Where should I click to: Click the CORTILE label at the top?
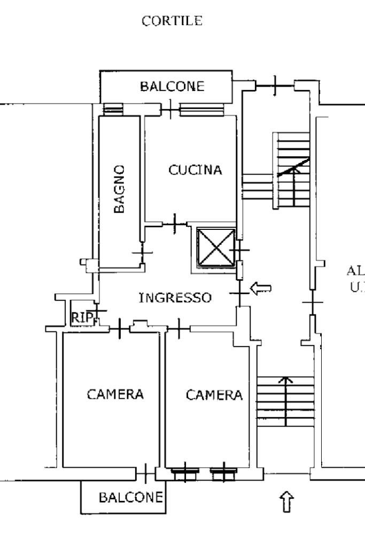pyautogui.click(x=172, y=21)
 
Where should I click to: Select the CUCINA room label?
pyautogui.click(x=195, y=171)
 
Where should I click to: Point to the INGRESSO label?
pyautogui.click(x=175, y=298)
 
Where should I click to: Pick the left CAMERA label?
pyautogui.click(x=115, y=395)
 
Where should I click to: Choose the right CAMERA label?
pyautogui.click(x=214, y=395)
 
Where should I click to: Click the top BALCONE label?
pyautogui.click(x=172, y=87)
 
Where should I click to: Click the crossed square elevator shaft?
pyautogui.click(x=215, y=246)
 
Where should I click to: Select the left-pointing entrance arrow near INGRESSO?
pyautogui.click(x=261, y=289)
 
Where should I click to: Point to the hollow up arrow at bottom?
pyautogui.click(x=287, y=503)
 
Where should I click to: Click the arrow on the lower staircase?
pyautogui.click(x=287, y=401)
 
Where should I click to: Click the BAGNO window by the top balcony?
pyautogui.click(x=112, y=109)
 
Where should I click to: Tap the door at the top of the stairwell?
pyautogui.click(x=275, y=85)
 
